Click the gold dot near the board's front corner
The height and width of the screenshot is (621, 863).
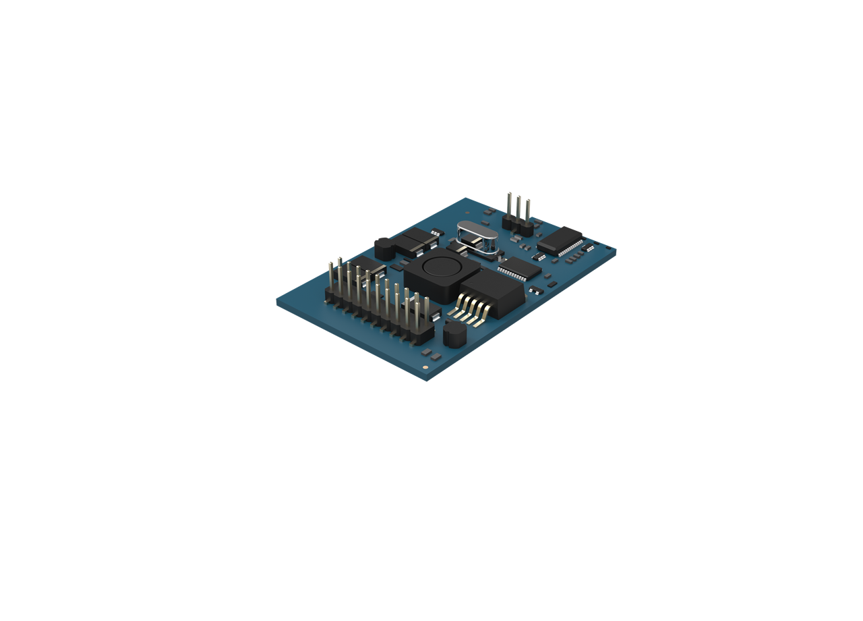pyautogui.click(x=425, y=367)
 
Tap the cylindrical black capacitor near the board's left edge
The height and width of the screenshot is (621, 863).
pyautogui.click(x=384, y=248)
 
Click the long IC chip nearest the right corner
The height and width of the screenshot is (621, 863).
pyautogui.click(x=560, y=240)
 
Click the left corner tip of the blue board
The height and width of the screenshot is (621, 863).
pyautogui.click(x=278, y=302)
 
